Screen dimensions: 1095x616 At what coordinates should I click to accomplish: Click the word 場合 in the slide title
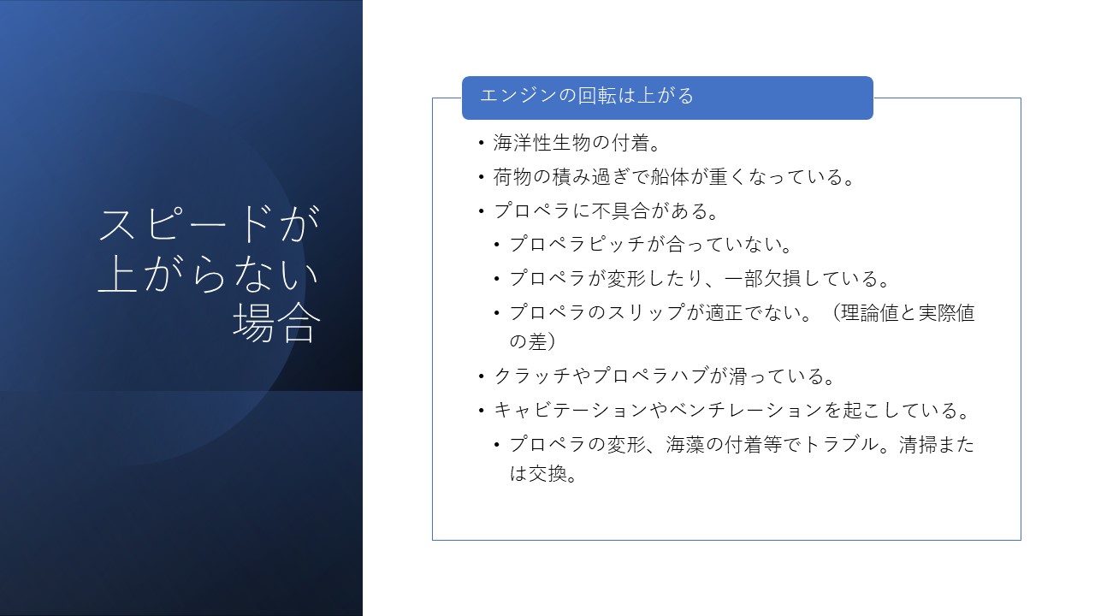click(x=276, y=323)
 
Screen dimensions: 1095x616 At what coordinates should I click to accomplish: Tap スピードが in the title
click(x=210, y=224)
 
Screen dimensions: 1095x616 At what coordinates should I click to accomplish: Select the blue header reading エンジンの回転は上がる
click(x=667, y=98)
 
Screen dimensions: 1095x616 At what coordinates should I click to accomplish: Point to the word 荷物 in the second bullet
click(x=512, y=177)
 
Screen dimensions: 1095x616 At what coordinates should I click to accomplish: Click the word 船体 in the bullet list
click(x=670, y=177)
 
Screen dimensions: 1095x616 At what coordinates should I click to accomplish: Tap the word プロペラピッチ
click(x=577, y=244)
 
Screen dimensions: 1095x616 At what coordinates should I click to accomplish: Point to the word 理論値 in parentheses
click(x=870, y=312)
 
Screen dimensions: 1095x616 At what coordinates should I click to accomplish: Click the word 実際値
click(x=946, y=312)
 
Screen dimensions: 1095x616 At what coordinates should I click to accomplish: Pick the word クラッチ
click(x=532, y=376)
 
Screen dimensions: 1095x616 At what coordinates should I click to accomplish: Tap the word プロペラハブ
click(x=650, y=376)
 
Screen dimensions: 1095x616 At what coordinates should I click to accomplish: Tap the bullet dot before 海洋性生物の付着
click(x=482, y=143)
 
